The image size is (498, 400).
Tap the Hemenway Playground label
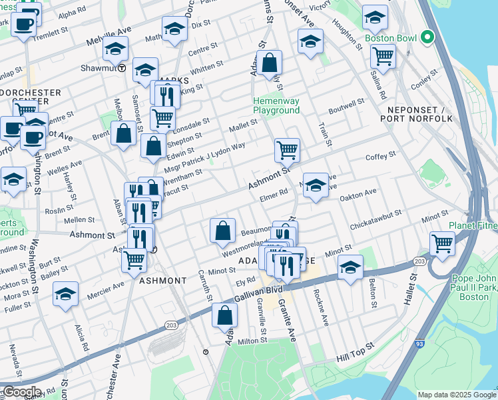[x=276, y=105]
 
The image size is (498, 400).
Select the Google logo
[x=21, y=392]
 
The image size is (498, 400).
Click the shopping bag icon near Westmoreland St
[x=222, y=231]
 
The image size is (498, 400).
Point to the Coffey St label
[x=380, y=156]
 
